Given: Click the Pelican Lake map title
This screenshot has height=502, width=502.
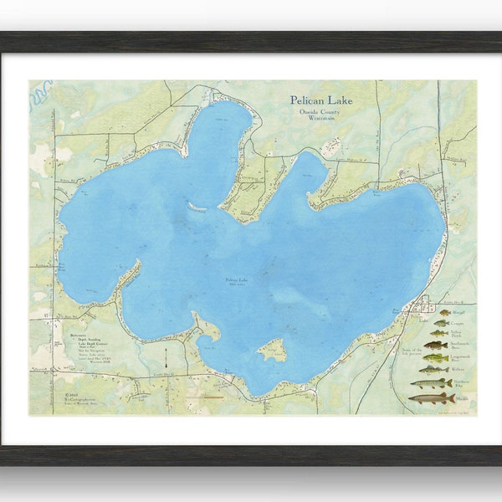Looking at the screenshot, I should point(321,100).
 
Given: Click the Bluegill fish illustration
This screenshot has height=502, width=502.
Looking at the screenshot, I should point(443,313).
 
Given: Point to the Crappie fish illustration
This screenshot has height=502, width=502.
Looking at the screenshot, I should point(440,323).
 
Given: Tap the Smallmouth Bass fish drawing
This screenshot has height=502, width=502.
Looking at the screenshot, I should point(435,345).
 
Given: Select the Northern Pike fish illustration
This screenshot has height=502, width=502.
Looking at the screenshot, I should point(430,383).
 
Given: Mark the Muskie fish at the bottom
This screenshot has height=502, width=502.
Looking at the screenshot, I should point(432,398).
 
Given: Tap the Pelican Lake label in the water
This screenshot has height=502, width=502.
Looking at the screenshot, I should point(236,281).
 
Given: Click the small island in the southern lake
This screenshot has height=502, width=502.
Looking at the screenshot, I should point(272,351).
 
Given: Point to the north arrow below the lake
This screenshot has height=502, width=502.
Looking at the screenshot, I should point(166,357).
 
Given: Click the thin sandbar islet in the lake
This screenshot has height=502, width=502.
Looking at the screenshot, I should point(197,207).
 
